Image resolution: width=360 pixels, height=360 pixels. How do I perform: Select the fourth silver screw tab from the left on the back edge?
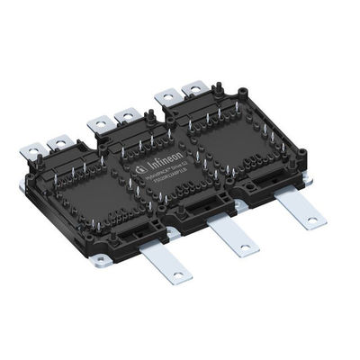tap(126, 115)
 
